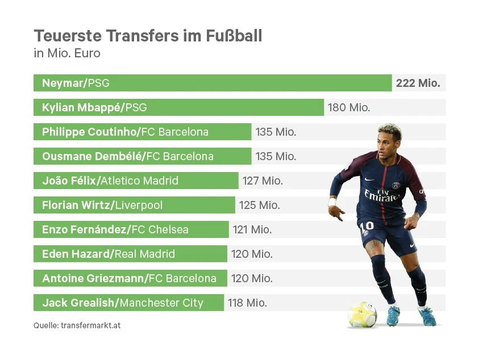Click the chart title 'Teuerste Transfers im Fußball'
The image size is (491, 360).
pos(148,36)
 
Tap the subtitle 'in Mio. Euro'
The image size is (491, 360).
pos(67,54)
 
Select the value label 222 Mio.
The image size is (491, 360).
pos(418,83)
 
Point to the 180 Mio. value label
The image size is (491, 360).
pos(348,107)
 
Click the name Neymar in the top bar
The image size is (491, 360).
pos(63,83)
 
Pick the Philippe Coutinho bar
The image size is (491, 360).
pos(142,132)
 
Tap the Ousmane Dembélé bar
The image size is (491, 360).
pos(142,156)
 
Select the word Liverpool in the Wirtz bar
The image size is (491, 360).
pos(147,205)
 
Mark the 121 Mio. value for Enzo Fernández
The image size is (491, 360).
pos(252,229)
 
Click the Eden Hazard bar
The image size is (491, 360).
pos(131,254)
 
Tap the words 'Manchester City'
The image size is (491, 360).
pos(161,303)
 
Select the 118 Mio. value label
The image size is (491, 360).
pos(247,303)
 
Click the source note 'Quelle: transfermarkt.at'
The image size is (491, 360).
pos(77,326)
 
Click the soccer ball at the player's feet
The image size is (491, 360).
pos(362,314)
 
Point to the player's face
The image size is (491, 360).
pos(389,141)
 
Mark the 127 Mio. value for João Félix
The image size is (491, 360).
pos(263,181)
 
